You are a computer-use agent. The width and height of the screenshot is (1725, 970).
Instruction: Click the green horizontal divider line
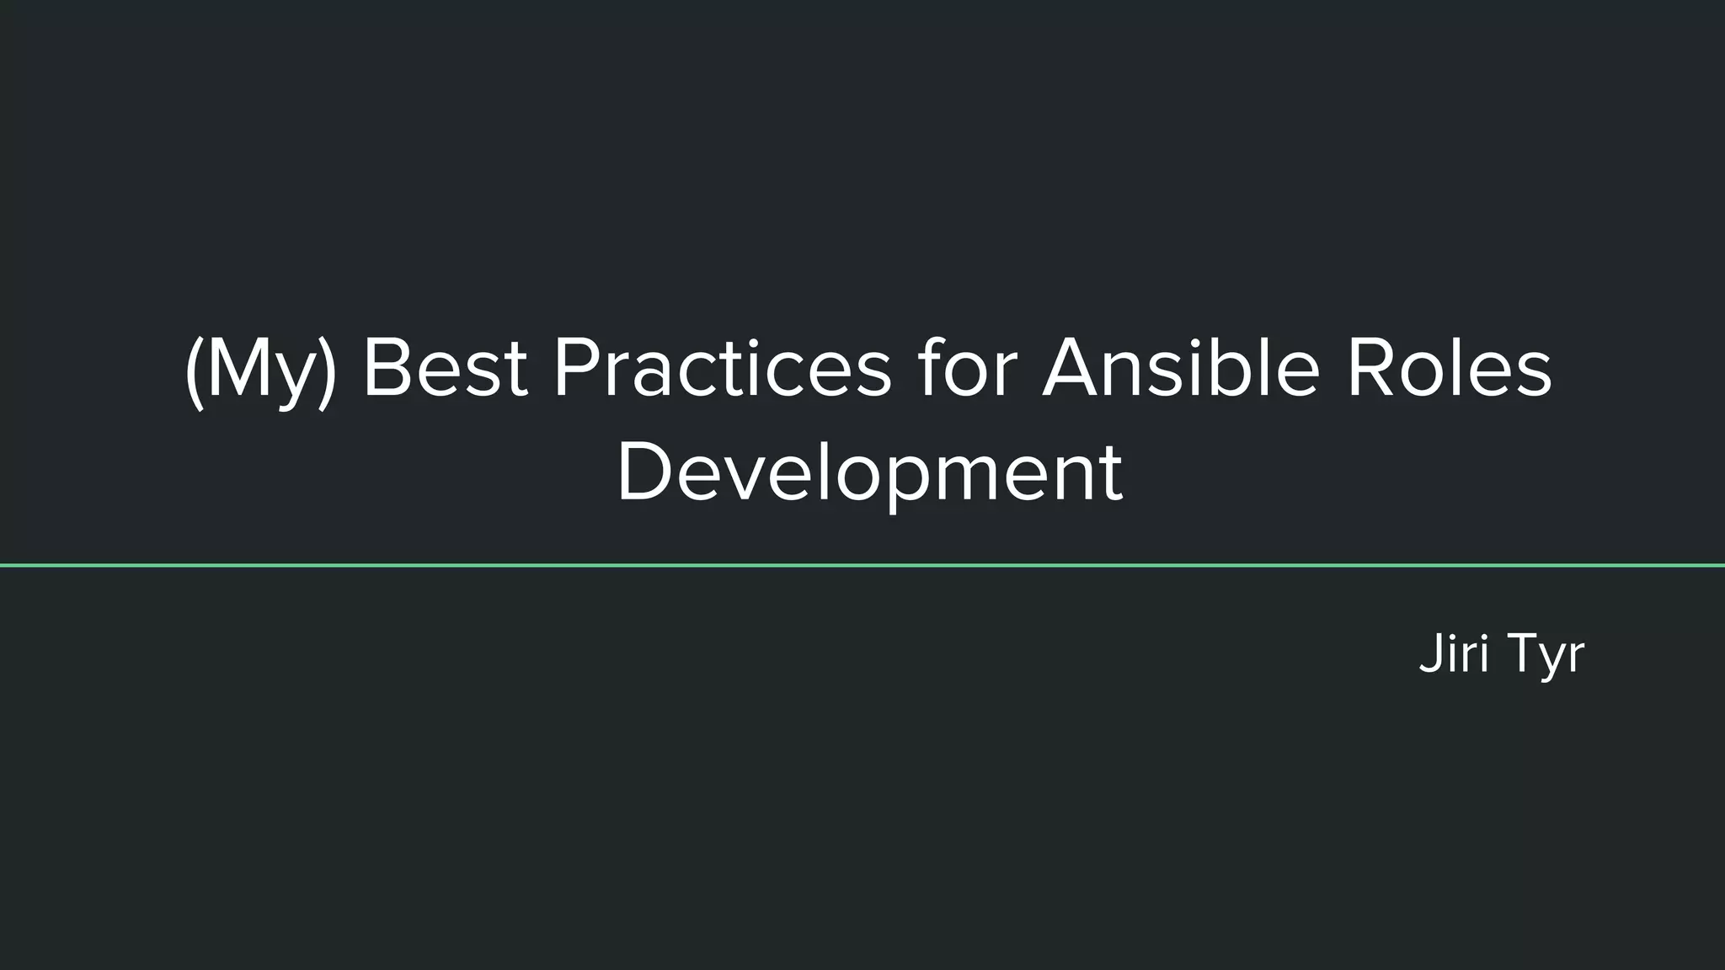[x=862, y=565]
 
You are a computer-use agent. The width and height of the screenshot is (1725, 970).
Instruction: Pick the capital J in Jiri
[x=1429, y=653]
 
